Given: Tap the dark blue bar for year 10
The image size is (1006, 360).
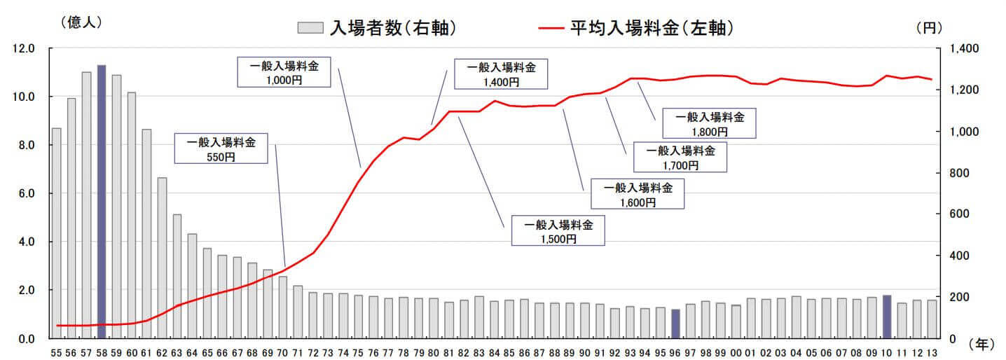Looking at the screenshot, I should click(x=887, y=317).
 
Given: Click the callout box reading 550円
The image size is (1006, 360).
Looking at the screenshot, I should click(x=221, y=149).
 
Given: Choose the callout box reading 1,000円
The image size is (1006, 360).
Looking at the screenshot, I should click(x=284, y=73).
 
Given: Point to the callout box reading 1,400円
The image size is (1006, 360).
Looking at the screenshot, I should click(x=501, y=74).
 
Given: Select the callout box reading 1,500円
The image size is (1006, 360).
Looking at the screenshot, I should click(x=558, y=232).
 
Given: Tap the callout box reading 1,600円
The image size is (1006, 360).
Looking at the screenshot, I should click(x=638, y=194).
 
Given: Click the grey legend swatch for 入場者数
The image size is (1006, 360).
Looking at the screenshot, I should click(x=310, y=28).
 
